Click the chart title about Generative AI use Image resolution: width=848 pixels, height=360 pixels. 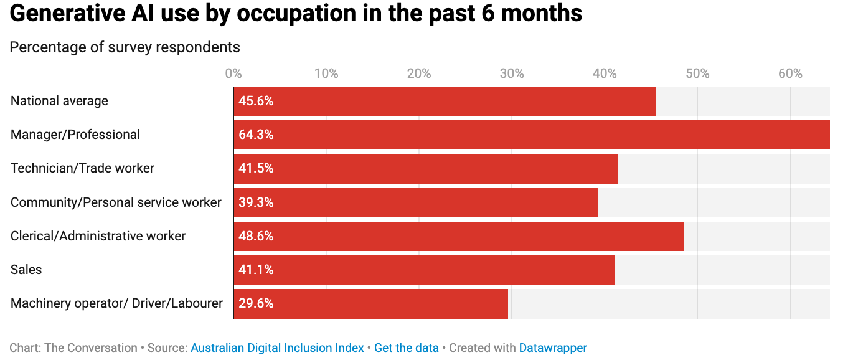296,14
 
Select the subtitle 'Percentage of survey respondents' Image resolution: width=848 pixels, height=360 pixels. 125,47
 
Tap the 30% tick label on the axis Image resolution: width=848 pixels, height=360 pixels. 512,73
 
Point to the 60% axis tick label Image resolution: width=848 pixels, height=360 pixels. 790,73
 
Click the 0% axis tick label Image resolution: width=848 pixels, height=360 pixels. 233,73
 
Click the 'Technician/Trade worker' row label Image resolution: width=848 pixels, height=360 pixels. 82,168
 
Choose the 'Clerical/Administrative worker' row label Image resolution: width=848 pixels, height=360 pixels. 98,236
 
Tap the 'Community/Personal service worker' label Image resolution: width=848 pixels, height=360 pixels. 116,202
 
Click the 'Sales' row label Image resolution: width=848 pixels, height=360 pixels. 26,270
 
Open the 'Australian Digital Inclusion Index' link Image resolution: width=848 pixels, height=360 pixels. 277,348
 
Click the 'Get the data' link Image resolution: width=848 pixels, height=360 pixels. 406,348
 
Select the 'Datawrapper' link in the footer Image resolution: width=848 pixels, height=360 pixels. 553,348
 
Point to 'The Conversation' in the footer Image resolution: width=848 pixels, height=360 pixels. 90,348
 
